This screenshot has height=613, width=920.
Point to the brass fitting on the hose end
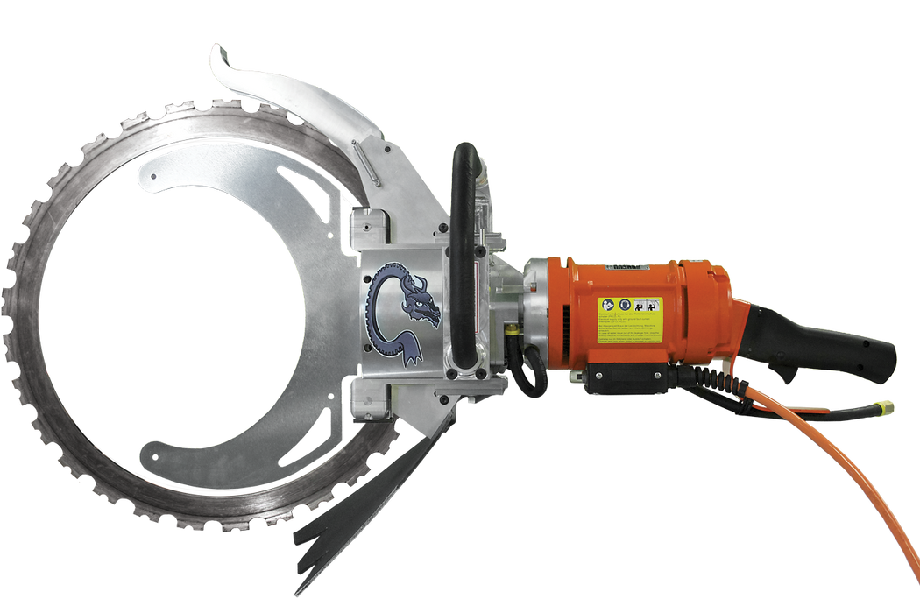[x=887, y=407]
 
